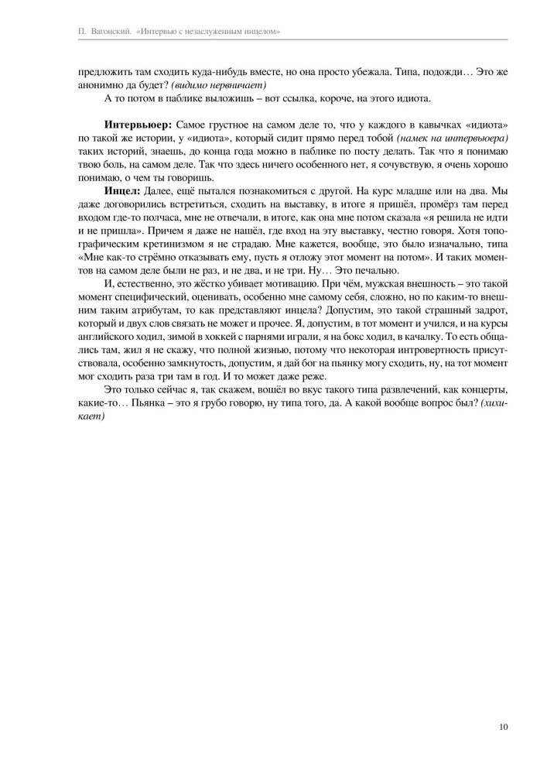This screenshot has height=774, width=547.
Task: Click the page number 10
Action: [503, 726]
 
